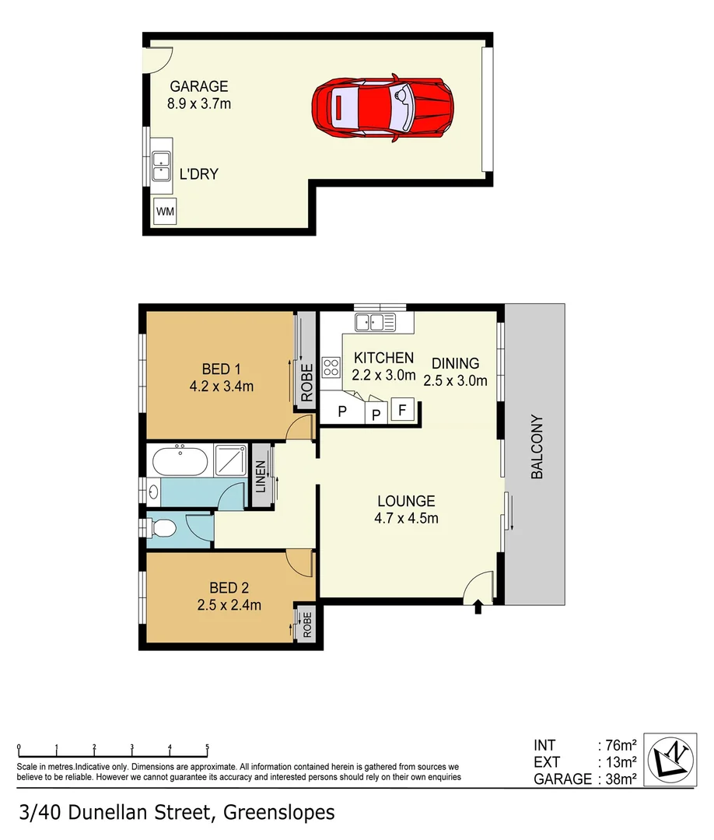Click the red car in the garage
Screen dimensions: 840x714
[383, 108]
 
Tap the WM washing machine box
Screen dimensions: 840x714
[165, 211]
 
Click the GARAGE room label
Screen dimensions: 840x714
[199, 86]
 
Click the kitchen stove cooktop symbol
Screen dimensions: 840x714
[331, 366]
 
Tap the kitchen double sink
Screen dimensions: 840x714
[375, 321]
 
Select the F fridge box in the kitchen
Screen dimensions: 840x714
[402, 409]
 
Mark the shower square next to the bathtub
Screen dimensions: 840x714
[230, 462]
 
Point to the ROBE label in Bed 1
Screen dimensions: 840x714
[306, 383]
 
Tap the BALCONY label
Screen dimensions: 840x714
[537, 446]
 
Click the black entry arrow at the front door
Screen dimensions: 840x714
[478, 607]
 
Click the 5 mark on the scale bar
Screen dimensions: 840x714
[207, 747]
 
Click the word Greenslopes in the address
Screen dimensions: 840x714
[279, 813]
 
